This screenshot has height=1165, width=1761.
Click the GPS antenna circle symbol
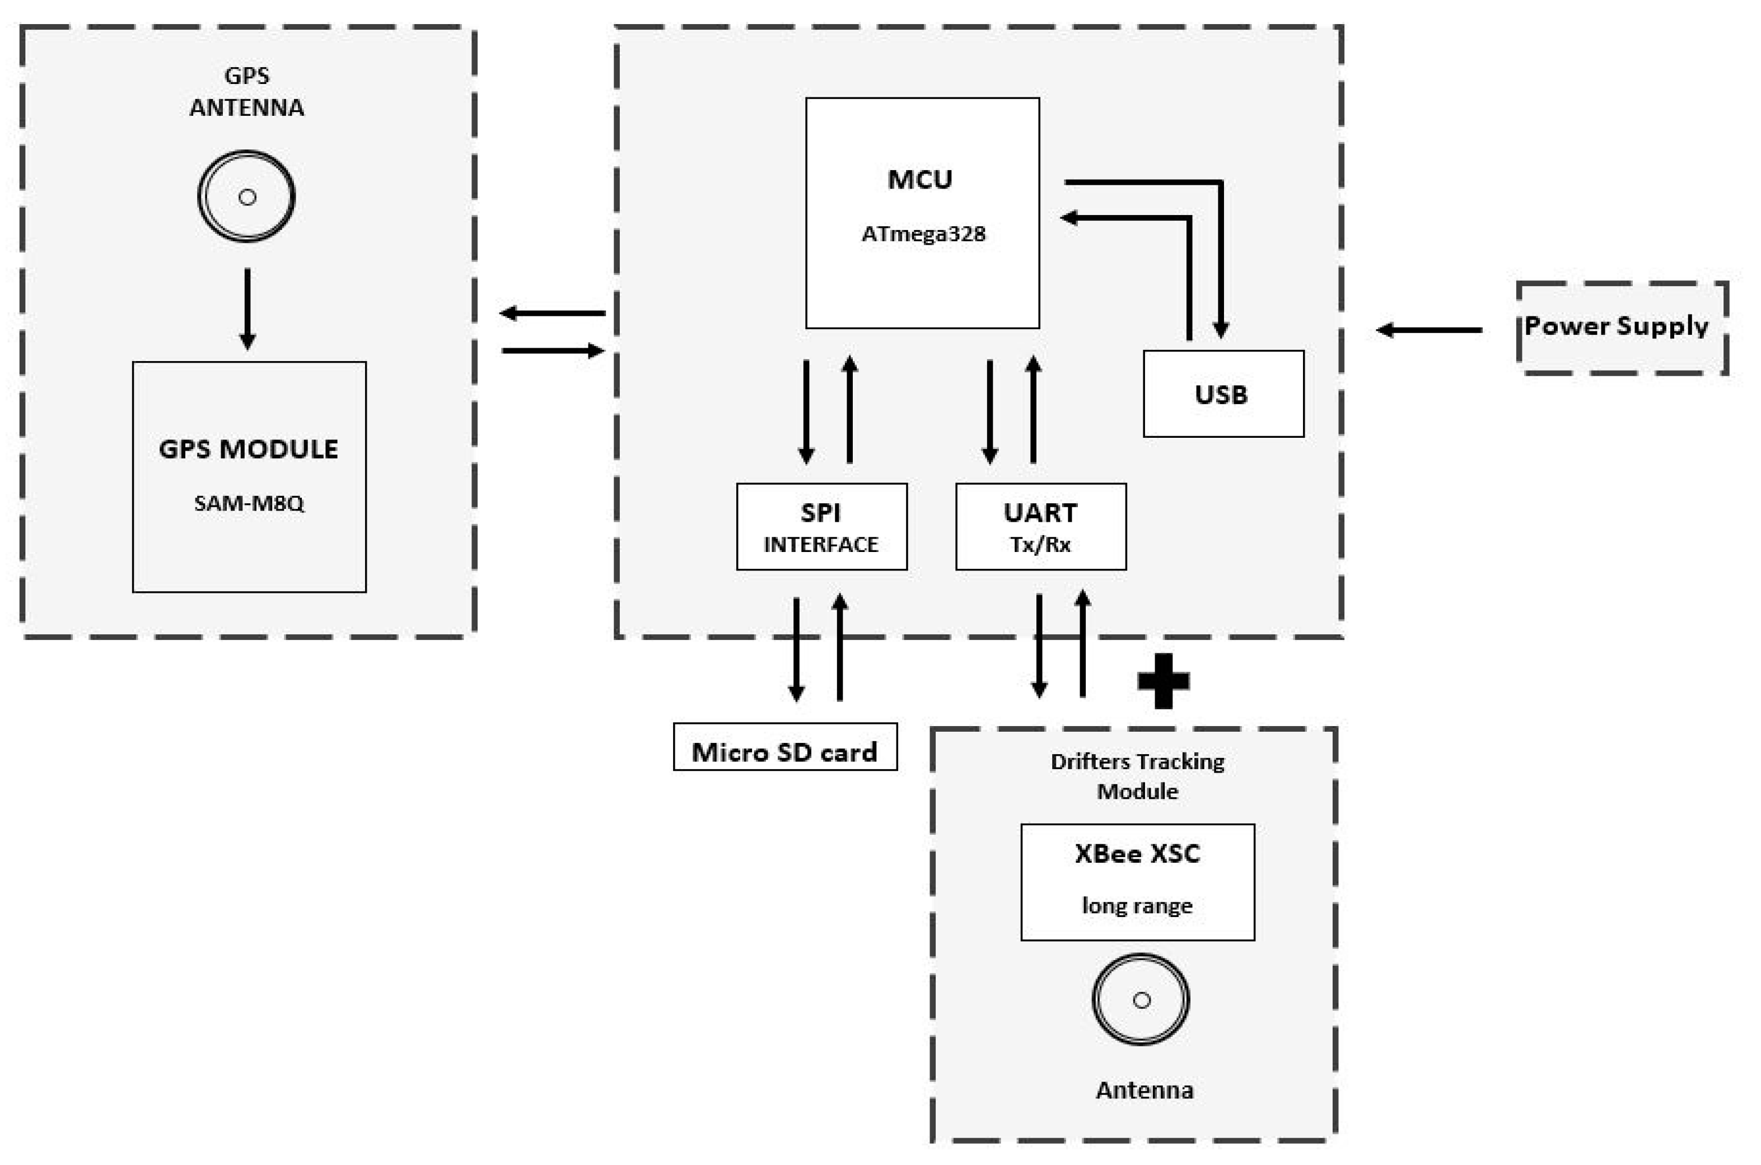pos(247,197)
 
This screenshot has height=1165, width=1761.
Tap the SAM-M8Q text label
pos(249,504)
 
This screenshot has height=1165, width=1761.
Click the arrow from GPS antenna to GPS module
pos(247,308)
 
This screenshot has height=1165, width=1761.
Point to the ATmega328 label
pos(923,234)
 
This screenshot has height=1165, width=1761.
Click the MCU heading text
pos(920,180)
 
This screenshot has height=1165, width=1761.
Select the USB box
pos(1223,394)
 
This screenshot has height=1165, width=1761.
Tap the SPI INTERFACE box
pos(821,527)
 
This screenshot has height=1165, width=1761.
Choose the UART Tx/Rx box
pos(1040,527)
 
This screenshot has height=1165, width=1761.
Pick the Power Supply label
pos(1616,326)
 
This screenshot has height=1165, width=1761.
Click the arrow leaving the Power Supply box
pos(1428,330)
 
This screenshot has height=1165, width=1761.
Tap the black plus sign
pos(1163,681)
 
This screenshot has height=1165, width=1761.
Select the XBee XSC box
pos(1137,882)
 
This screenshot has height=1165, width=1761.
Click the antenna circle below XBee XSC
pos(1141,1000)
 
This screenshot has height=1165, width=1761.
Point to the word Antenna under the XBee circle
pos(1145,1091)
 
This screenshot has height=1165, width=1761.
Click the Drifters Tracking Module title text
pos(1137,776)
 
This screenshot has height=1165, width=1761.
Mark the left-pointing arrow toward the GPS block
pos(552,313)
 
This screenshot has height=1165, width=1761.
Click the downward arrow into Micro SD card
pos(796,649)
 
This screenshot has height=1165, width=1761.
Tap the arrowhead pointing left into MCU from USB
pos(1070,218)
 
